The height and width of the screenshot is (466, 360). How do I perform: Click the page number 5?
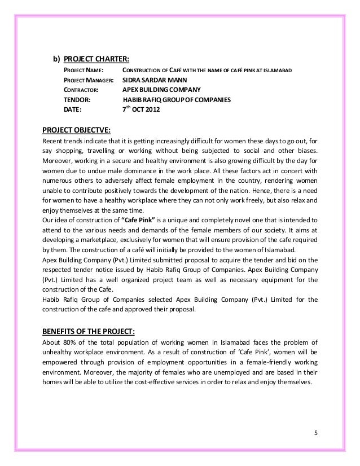(316, 433)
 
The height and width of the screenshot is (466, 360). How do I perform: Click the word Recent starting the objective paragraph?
(54, 140)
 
